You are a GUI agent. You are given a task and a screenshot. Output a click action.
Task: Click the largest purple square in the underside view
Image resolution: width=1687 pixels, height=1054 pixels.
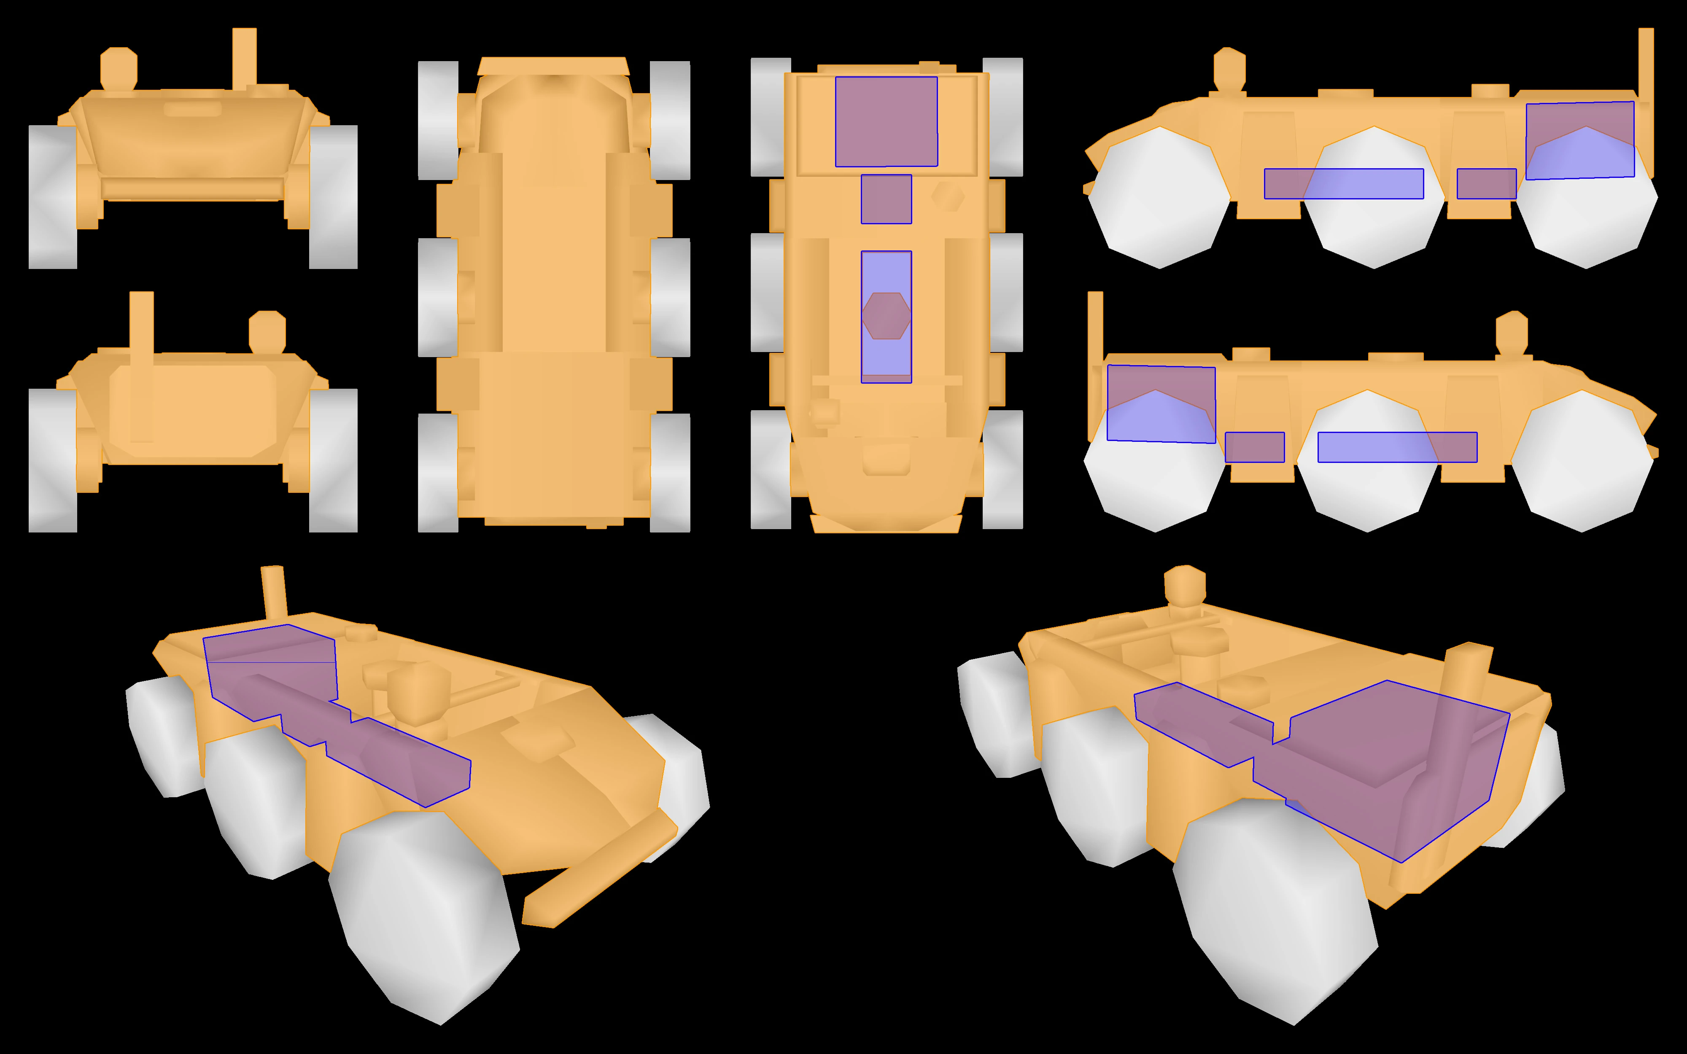click(886, 121)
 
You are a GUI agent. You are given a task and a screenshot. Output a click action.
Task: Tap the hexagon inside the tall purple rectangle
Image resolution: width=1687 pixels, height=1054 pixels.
click(886, 316)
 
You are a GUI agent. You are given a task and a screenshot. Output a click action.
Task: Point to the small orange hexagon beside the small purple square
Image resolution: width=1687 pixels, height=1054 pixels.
click(948, 196)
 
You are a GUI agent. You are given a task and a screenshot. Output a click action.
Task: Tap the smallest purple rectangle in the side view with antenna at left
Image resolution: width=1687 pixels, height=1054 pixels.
click(1254, 447)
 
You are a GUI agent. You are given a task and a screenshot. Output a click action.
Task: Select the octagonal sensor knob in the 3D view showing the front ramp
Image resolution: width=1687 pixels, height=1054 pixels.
click(417, 694)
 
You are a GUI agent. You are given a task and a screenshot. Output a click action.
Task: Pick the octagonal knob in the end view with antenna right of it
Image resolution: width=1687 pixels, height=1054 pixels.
click(119, 67)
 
